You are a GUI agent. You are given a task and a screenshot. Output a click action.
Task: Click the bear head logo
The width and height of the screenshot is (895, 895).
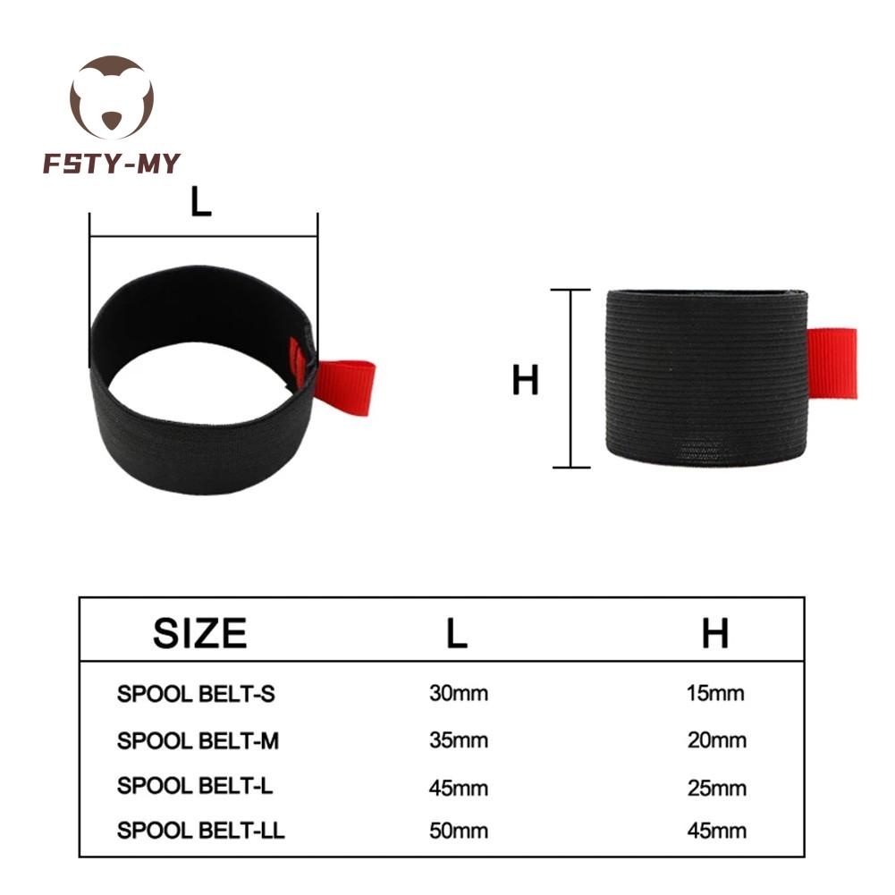tap(111, 97)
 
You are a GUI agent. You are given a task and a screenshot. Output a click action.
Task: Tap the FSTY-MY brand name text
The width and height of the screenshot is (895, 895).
tap(112, 164)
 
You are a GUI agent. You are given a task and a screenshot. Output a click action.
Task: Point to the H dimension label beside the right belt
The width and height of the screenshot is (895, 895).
tap(525, 380)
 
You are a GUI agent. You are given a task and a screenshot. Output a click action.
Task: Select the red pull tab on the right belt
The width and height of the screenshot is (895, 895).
tap(832, 363)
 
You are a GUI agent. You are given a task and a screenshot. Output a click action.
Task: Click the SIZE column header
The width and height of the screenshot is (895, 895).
tap(199, 633)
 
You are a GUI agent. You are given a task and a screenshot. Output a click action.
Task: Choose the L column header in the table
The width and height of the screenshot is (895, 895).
tap(457, 633)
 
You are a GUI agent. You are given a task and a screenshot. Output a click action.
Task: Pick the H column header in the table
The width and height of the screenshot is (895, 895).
tap(715, 633)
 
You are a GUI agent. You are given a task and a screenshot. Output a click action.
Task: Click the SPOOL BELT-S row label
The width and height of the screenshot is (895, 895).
tap(196, 694)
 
